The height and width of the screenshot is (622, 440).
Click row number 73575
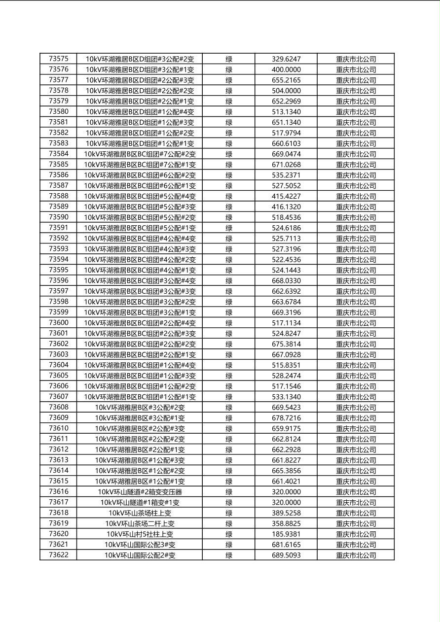pos(59,59)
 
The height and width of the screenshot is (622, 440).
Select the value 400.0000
pos(286,69)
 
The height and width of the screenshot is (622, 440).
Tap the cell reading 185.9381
pos(286,534)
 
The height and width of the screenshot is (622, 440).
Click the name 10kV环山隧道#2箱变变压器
pos(140,492)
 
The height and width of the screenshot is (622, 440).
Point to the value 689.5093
pos(286,555)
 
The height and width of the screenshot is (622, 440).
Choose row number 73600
pos(59,323)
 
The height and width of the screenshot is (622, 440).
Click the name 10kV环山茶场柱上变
pos(140,513)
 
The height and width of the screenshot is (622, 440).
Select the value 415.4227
pos(286,196)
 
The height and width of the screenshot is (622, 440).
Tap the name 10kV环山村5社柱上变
pos(140,534)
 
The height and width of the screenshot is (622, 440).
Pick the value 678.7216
pos(286,418)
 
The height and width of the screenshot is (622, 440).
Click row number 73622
pos(59,555)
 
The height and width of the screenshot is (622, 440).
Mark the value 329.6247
pos(286,59)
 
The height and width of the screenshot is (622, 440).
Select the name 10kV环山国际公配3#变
pos(140,545)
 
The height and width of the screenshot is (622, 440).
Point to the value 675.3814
pos(286,344)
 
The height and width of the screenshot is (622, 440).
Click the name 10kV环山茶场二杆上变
pos(140,523)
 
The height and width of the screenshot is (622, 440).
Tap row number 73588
pos(59,196)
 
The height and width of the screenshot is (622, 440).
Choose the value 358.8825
pos(286,523)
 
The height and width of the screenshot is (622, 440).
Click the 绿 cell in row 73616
pos(229,492)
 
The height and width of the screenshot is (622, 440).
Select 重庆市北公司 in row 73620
pos(356,534)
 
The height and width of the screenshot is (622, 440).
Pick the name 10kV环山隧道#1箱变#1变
pos(140,502)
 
